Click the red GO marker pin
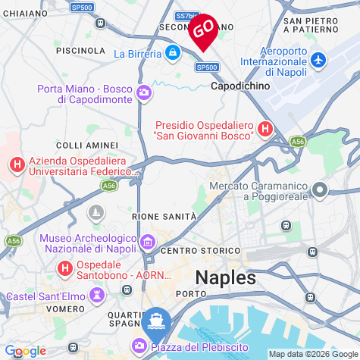203,30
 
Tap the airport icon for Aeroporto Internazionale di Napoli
318,59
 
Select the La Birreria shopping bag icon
173,53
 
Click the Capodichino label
239,86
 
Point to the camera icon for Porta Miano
145,93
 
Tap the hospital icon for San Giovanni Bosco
265,130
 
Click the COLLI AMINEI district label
87,145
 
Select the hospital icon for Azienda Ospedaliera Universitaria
16,164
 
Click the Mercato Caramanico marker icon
321,190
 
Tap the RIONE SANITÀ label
164,217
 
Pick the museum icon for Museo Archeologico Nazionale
148,243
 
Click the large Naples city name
226,277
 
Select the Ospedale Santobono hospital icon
66,268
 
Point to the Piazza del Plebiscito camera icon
140,346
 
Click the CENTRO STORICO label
201,251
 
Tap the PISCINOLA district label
80,50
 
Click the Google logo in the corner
25,350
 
